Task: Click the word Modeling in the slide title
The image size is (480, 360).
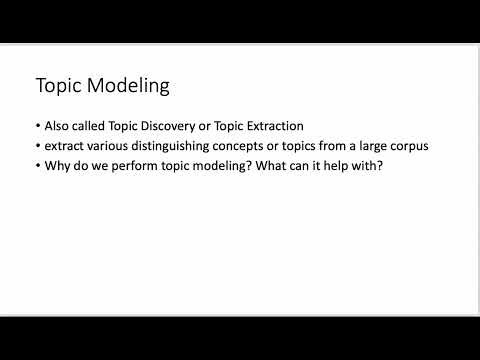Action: (129, 85)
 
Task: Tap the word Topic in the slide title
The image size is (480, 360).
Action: (58, 85)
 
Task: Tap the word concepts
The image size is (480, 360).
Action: (239, 146)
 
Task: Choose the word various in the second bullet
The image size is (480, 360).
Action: (106, 146)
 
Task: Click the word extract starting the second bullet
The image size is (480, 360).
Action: (62, 146)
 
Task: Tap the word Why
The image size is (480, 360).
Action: (56, 165)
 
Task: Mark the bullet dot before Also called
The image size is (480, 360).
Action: (37, 127)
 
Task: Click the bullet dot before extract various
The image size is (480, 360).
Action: (37, 146)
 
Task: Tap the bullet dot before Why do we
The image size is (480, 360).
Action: (37, 165)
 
